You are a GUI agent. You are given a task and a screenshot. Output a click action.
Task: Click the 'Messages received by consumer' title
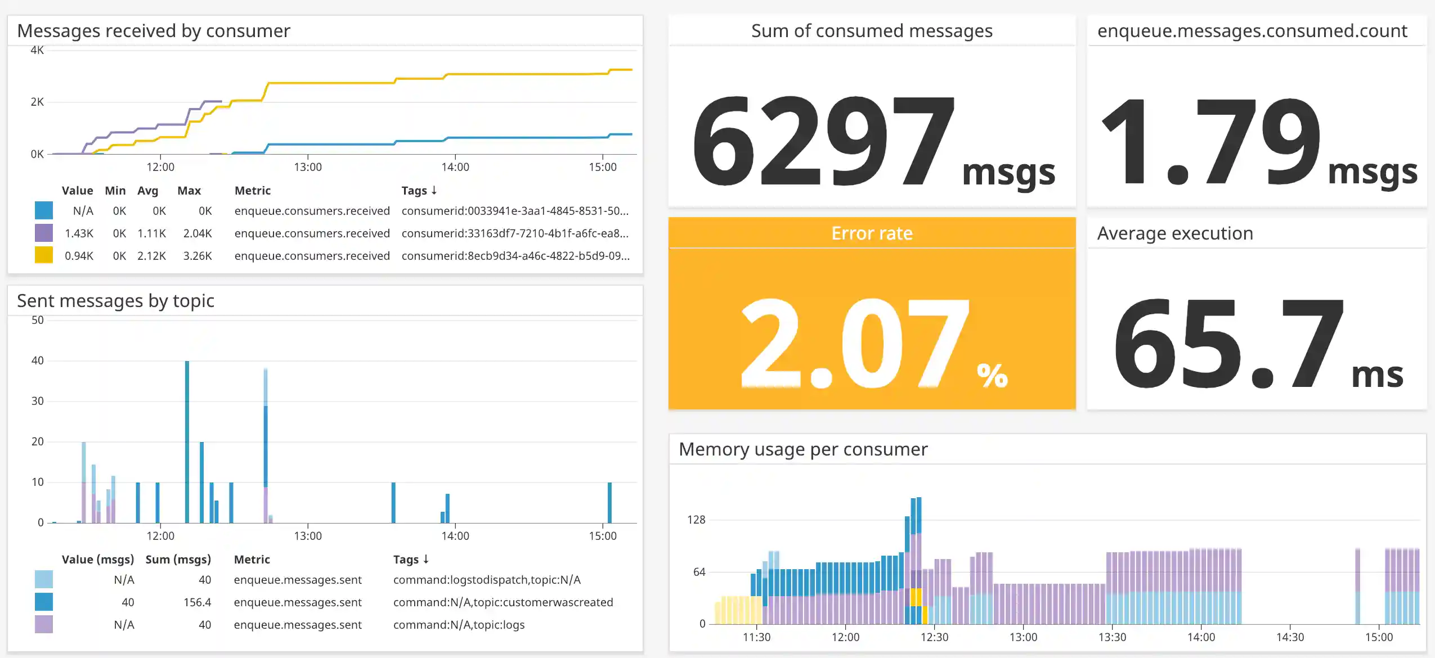[x=154, y=31]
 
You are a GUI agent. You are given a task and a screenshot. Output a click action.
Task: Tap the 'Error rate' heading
[x=872, y=233]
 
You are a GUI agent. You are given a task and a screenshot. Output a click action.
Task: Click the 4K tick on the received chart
[x=37, y=50]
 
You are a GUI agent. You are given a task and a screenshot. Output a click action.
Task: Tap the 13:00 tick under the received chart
[x=308, y=167]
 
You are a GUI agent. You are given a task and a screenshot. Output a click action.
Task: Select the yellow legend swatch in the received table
[x=44, y=255]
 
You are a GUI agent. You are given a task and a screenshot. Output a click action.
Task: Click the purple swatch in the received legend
[x=44, y=233]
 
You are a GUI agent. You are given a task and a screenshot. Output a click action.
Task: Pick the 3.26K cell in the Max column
[x=198, y=256]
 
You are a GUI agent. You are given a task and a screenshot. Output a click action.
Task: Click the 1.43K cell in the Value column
[x=79, y=233]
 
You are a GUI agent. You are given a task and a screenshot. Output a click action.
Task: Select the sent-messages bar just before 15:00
[x=609, y=502]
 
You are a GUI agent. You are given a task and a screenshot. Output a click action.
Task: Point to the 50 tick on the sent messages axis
[x=37, y=320]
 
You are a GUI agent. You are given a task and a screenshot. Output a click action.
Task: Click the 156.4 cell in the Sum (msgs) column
[x=197, y=602]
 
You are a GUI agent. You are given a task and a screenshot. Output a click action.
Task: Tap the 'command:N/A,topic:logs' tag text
[x=459, y=625]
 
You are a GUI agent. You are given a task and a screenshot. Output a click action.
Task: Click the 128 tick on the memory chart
[x=696, y=520]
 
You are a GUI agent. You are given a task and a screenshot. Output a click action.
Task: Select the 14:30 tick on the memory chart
[x=1290, y=637]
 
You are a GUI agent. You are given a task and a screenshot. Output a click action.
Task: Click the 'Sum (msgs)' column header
[x=178, y=560]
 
